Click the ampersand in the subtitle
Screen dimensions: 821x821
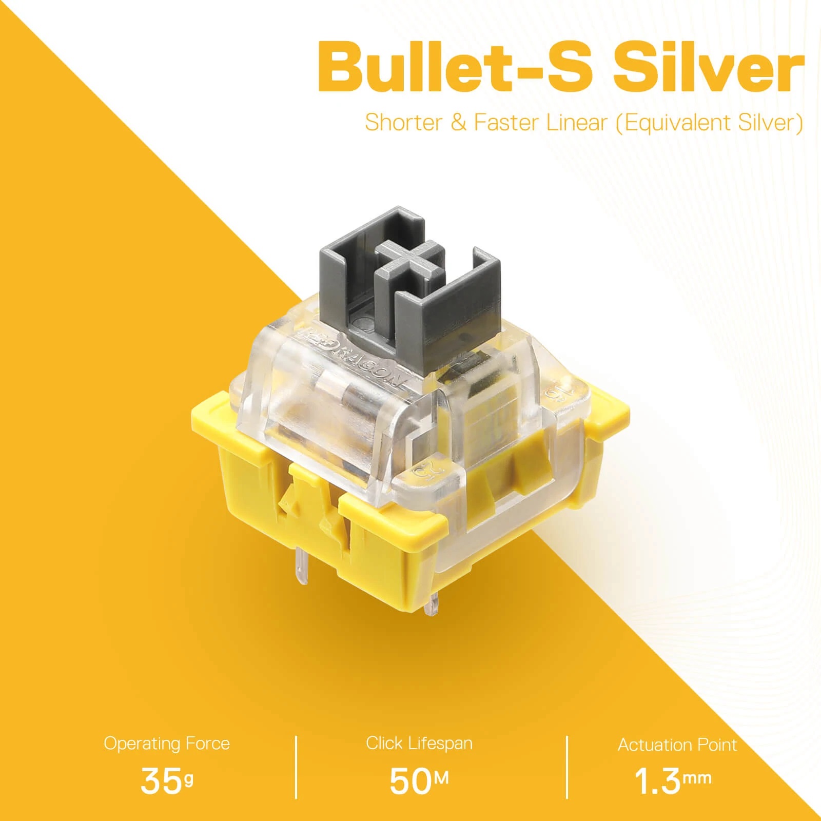pos(458,123)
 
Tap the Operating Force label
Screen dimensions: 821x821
pos(167,744)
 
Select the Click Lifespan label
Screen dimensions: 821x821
pos(419,743)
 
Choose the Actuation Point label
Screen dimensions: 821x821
pos(677,745)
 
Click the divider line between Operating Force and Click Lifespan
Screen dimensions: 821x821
pos(297,767)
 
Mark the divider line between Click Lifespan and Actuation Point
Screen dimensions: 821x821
pos(567,767)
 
